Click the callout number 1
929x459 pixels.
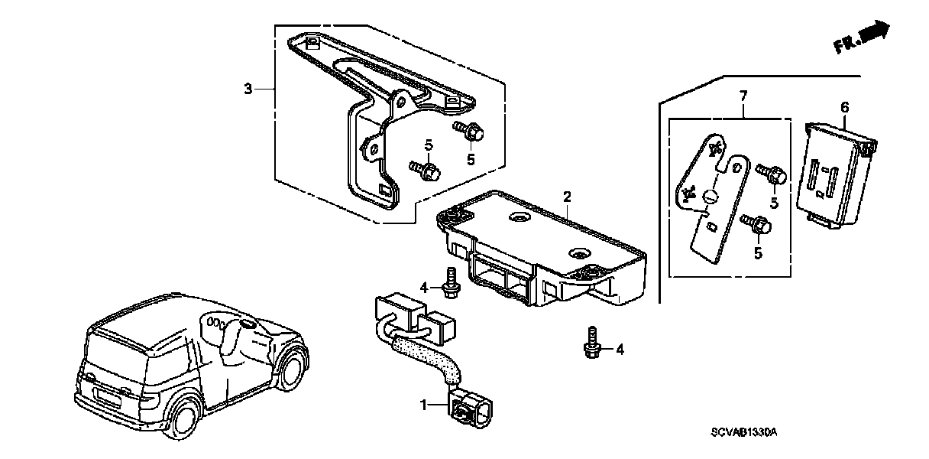click(423, 403)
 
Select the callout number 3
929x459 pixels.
click(248, 90)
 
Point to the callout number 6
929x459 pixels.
click(844, 109)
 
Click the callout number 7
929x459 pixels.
click(743, 96)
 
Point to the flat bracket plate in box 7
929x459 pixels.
click(708, 199)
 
